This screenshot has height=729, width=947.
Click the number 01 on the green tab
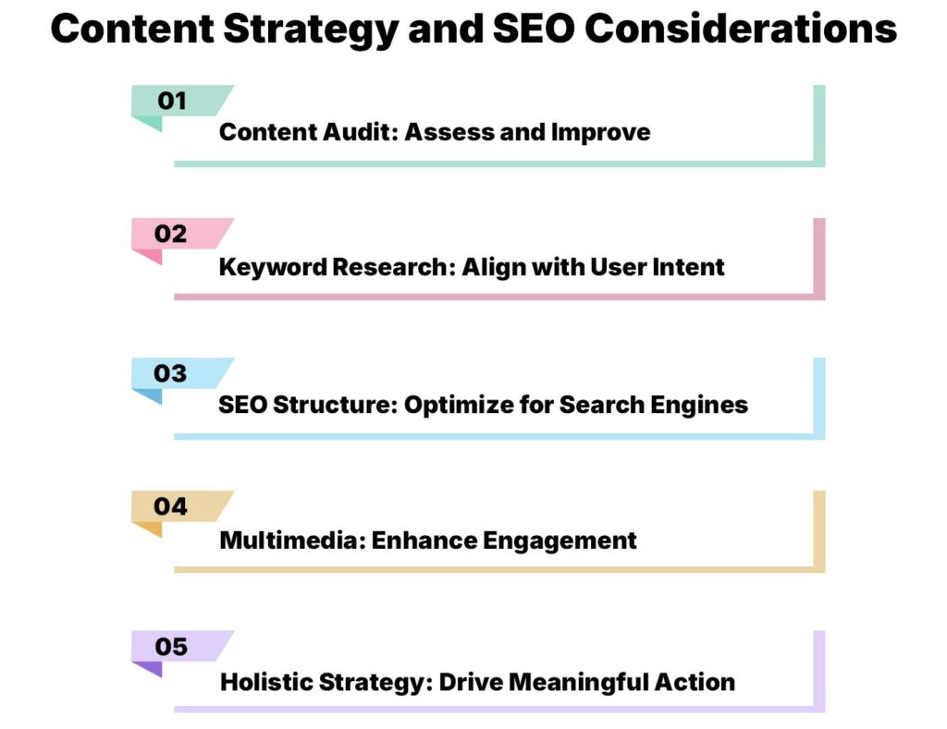pyautogui.click(x=172, y=101)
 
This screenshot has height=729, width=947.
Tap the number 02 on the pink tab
pyautogui.click(x=171, y=234)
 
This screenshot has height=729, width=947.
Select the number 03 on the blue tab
pyautogui.click(x=171, y=373)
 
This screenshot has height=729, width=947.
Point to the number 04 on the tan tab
pyautogui.click(x=171, y=506)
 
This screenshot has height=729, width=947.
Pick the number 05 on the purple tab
pyautogui.click(x=171, y=647)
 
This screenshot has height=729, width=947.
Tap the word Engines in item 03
pyautogui.click(x=707, y=406)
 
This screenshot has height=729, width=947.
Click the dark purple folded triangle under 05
pyautogui.click(x=151, y=668)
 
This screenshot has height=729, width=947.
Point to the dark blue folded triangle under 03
pyautogui.click(x=151, y=395)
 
